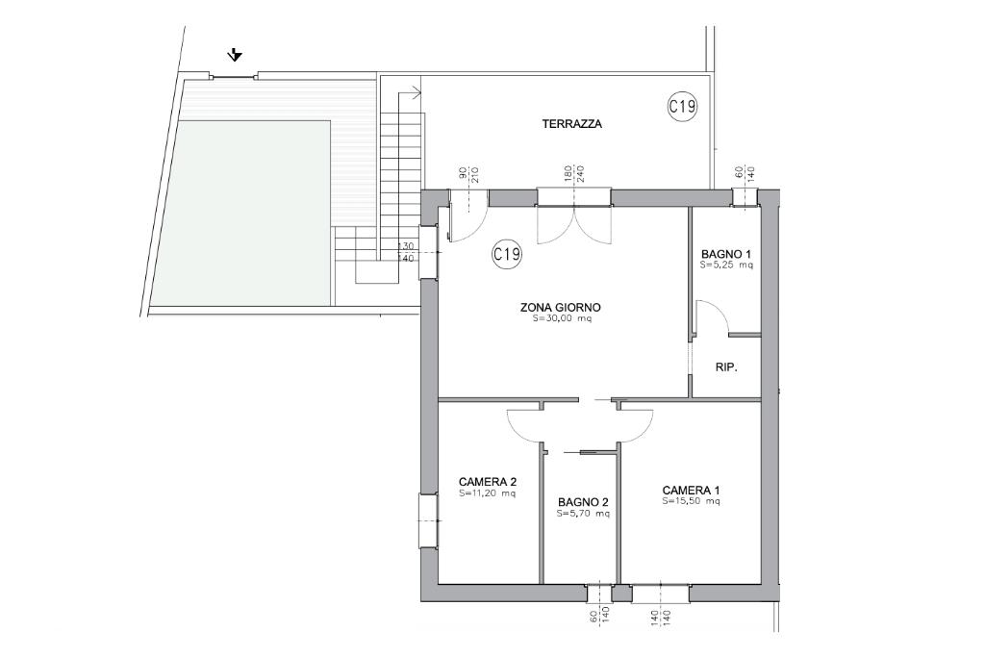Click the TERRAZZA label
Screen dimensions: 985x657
[571, 124]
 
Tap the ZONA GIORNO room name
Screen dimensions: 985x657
[561, 307]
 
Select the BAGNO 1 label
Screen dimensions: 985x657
[726, 254]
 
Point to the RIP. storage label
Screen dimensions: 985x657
[726, 366]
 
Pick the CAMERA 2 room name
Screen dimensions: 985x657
[488, 482]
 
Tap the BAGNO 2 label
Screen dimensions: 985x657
[583, 502]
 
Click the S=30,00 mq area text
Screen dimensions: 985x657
[562, 318]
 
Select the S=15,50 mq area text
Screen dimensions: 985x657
[691, 501]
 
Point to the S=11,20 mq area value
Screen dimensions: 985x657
[488, 493]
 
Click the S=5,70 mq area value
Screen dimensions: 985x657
[583, 513]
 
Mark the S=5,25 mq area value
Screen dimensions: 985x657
[726, 265]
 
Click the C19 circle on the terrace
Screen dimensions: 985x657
[682, 106]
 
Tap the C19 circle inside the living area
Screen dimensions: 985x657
[507, 254]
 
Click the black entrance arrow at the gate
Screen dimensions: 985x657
[235, 55]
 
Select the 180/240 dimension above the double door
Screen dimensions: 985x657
[573, 174]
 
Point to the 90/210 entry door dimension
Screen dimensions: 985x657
[469, 174]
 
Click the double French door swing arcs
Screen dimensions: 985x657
[573, 225]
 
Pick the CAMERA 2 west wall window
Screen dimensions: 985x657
[428, 520]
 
